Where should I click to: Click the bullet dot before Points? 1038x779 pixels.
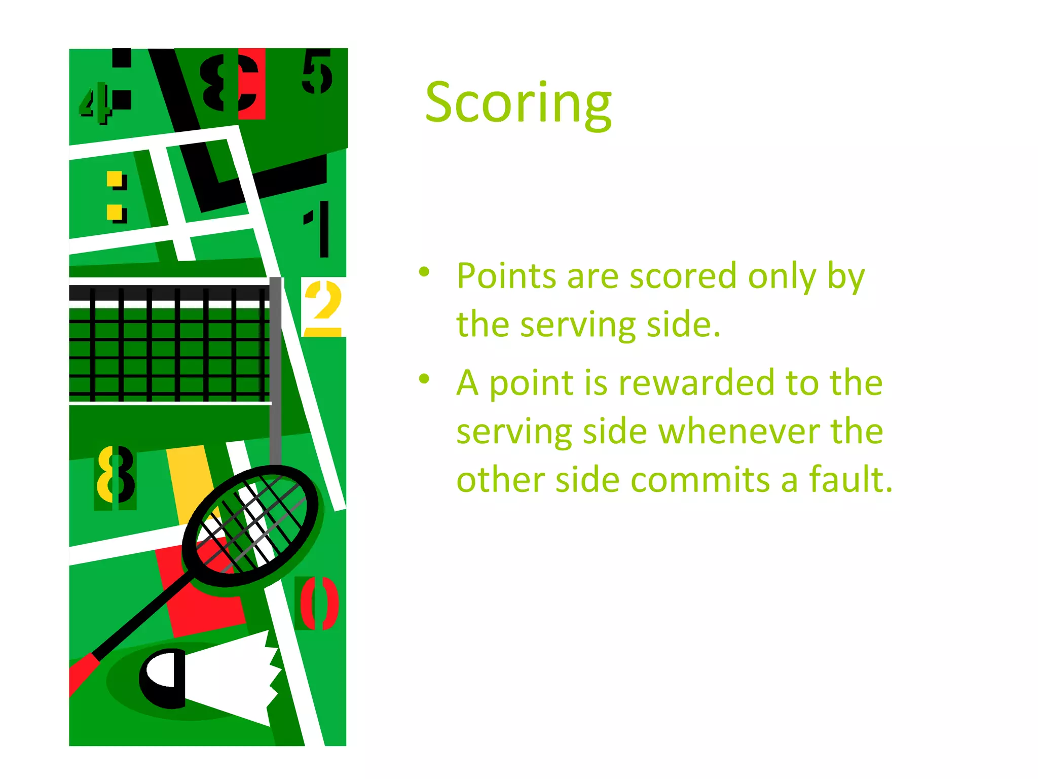click(424, 272)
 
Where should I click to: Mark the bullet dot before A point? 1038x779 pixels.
click(424, 378)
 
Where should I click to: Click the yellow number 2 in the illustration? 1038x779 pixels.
click(323, 307)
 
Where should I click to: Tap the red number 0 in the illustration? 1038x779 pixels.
click(318, 603)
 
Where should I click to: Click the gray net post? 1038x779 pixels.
click(275, 370)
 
